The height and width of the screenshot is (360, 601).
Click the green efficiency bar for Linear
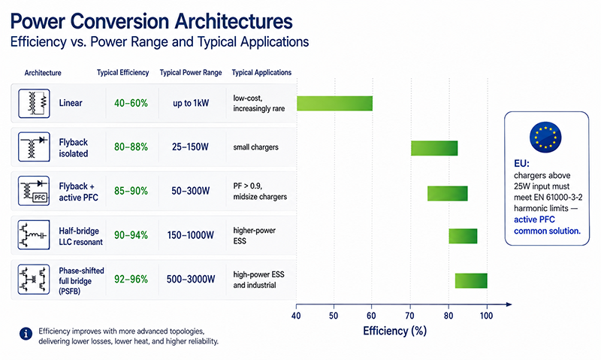(334, 104)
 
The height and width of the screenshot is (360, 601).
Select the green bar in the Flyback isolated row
(434, 148)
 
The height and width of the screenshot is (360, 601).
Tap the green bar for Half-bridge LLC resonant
(463, 236)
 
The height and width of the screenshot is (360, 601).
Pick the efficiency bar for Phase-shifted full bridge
(471, 280)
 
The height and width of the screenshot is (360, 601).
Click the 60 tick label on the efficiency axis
(371, 316)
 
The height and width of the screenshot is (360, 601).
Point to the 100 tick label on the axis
(486, 316)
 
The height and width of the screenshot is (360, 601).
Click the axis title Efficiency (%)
(395, 331)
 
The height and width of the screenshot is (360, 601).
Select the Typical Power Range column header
(191, 72)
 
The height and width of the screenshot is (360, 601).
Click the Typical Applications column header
(261, 72)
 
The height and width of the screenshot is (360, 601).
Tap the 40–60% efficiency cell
(131, 103)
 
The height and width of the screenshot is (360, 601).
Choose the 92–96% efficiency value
(131, 279)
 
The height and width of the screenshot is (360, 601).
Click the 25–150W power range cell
(190, 147)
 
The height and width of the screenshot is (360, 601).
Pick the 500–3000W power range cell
(191, 279)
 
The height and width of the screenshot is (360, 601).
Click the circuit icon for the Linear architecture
(34, 104)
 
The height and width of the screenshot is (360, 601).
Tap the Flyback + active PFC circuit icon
(34, 191)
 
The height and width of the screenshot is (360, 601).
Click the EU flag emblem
(545, 138)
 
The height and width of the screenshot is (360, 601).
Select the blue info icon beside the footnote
(26, 334)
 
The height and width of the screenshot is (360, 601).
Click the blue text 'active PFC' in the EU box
(534, 219)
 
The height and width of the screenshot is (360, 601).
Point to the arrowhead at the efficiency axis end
(509, 304)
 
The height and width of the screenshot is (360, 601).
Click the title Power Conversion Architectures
(152, 21)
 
